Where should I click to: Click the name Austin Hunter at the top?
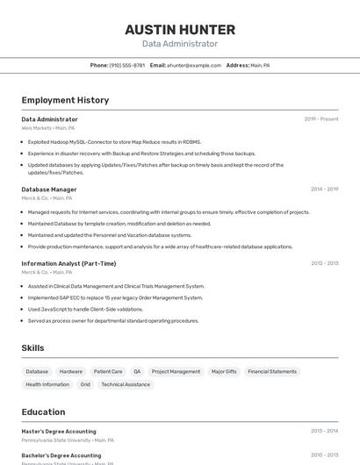180,29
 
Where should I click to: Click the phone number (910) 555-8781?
127,65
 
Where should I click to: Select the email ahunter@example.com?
194,65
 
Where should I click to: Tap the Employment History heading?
65,100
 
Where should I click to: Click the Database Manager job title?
49,189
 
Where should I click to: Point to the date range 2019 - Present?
320,119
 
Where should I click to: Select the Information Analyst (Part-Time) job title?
68,263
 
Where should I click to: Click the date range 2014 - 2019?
324,189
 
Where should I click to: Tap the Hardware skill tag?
71,371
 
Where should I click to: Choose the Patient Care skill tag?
108,371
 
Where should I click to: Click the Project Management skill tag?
176,371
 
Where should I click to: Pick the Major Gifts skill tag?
224,371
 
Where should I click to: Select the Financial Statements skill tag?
272,371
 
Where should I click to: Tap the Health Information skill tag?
47,384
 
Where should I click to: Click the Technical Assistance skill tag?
126,384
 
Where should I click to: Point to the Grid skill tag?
85,384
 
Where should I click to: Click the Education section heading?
43,411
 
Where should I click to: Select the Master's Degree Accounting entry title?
59,431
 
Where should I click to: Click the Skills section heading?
32,348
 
